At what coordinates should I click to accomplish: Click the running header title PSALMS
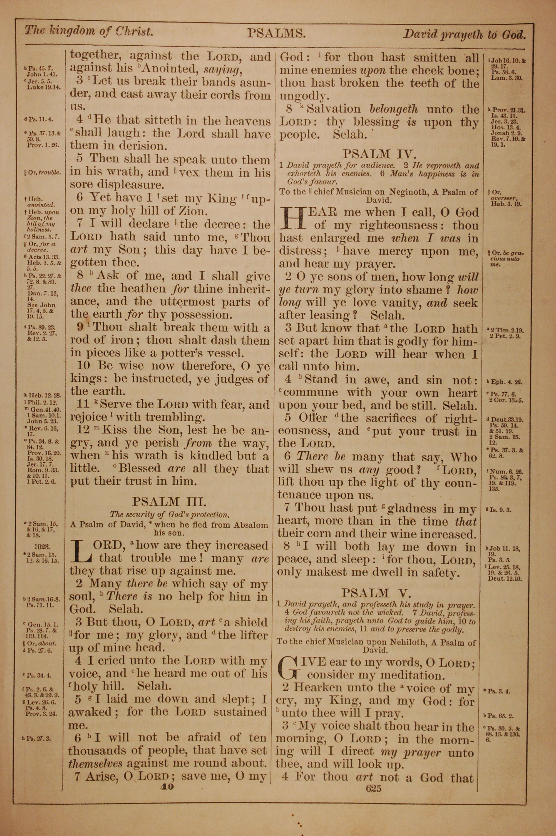pos(276,33)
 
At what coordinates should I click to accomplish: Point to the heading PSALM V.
pos(376,593)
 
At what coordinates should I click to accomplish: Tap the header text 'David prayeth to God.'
pos(464,34)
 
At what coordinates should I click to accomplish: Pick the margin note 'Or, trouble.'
pos(43,173)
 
